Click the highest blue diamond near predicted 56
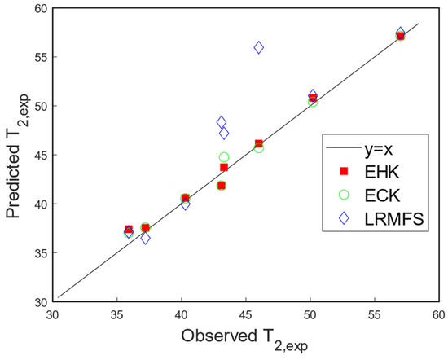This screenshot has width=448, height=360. pos(259,48)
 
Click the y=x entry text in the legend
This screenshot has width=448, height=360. pos(381,149)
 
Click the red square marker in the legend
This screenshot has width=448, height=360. pos(343,171)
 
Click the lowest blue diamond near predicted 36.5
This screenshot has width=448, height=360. pos(145,239)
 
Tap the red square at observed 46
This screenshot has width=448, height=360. pos(259,144)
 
